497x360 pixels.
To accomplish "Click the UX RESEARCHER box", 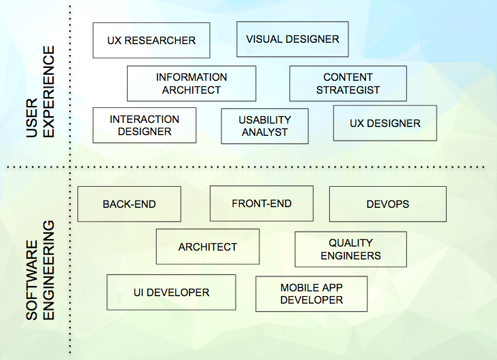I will click(x=151, y=41).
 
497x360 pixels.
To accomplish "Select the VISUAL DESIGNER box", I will click(x=293, y=39).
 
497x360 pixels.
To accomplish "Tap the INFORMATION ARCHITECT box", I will click(x=191, y=84).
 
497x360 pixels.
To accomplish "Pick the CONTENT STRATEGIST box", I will click(x=348, y=84).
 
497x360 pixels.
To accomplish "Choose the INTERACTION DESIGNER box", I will click(x=145, y=125).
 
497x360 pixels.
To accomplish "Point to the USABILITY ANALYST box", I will click(x=265, y=126).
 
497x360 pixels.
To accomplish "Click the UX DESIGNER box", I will click(x=385, y=123).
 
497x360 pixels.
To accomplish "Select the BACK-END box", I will click(x=129, y=204).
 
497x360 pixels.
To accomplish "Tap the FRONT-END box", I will click(x=261, y=203).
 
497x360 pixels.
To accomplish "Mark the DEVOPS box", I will click(x=388, y=204).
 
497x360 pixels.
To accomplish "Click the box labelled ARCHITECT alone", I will click(x=208, y=247).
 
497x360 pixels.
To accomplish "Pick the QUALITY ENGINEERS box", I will click(x=350, y=249).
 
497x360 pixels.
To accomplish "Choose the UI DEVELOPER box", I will click(x=171, y=292).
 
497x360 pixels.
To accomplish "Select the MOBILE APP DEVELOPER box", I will click(x=312, y=293).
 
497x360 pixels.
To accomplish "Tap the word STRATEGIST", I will click(x=348, y=90).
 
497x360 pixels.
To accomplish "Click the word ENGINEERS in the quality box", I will click(x=350, y=256).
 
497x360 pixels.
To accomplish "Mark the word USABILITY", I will click(x=265, y=120).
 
